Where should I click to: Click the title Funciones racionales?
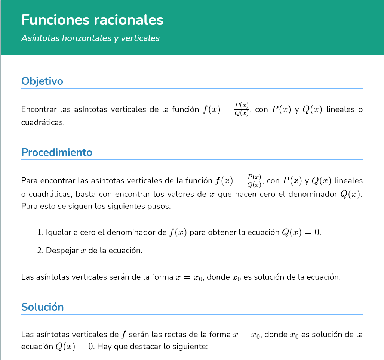pos(92,20)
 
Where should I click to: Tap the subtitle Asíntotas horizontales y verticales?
pos(90,38)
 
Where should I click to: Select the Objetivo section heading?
pos(42,81)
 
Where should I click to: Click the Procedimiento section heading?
pos(57,152)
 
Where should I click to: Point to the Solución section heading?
pos(43,307)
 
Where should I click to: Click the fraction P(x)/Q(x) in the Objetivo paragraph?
pos(242,109)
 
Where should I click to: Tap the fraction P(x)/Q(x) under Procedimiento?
pos(254,181)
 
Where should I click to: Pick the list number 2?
pos(40,250)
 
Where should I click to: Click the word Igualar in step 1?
pos(58,232)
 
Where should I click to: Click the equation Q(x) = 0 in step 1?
pos(301,232)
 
